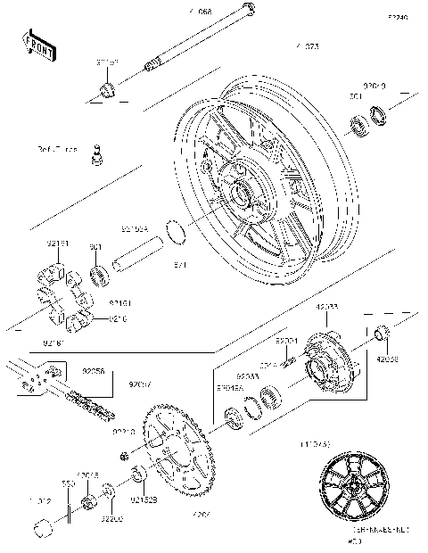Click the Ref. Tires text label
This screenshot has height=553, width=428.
coord(57,148)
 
